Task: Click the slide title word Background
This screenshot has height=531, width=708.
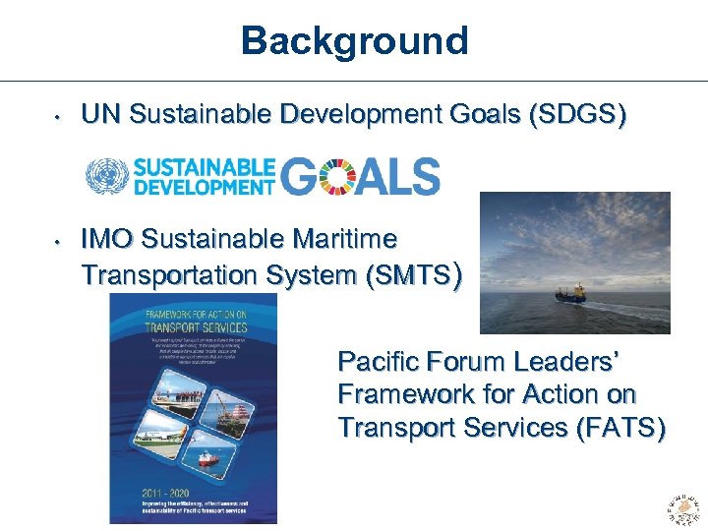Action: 354,41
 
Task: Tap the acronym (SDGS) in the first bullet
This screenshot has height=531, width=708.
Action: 577,116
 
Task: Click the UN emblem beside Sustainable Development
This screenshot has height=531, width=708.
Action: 106,176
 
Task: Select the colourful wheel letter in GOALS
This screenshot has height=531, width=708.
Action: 333,177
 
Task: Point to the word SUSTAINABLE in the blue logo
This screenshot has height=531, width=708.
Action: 205,167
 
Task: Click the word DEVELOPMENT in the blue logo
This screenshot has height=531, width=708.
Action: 205,185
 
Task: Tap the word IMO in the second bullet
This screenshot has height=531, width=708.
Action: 108,239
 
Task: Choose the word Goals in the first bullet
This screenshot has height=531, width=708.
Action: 475,116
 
